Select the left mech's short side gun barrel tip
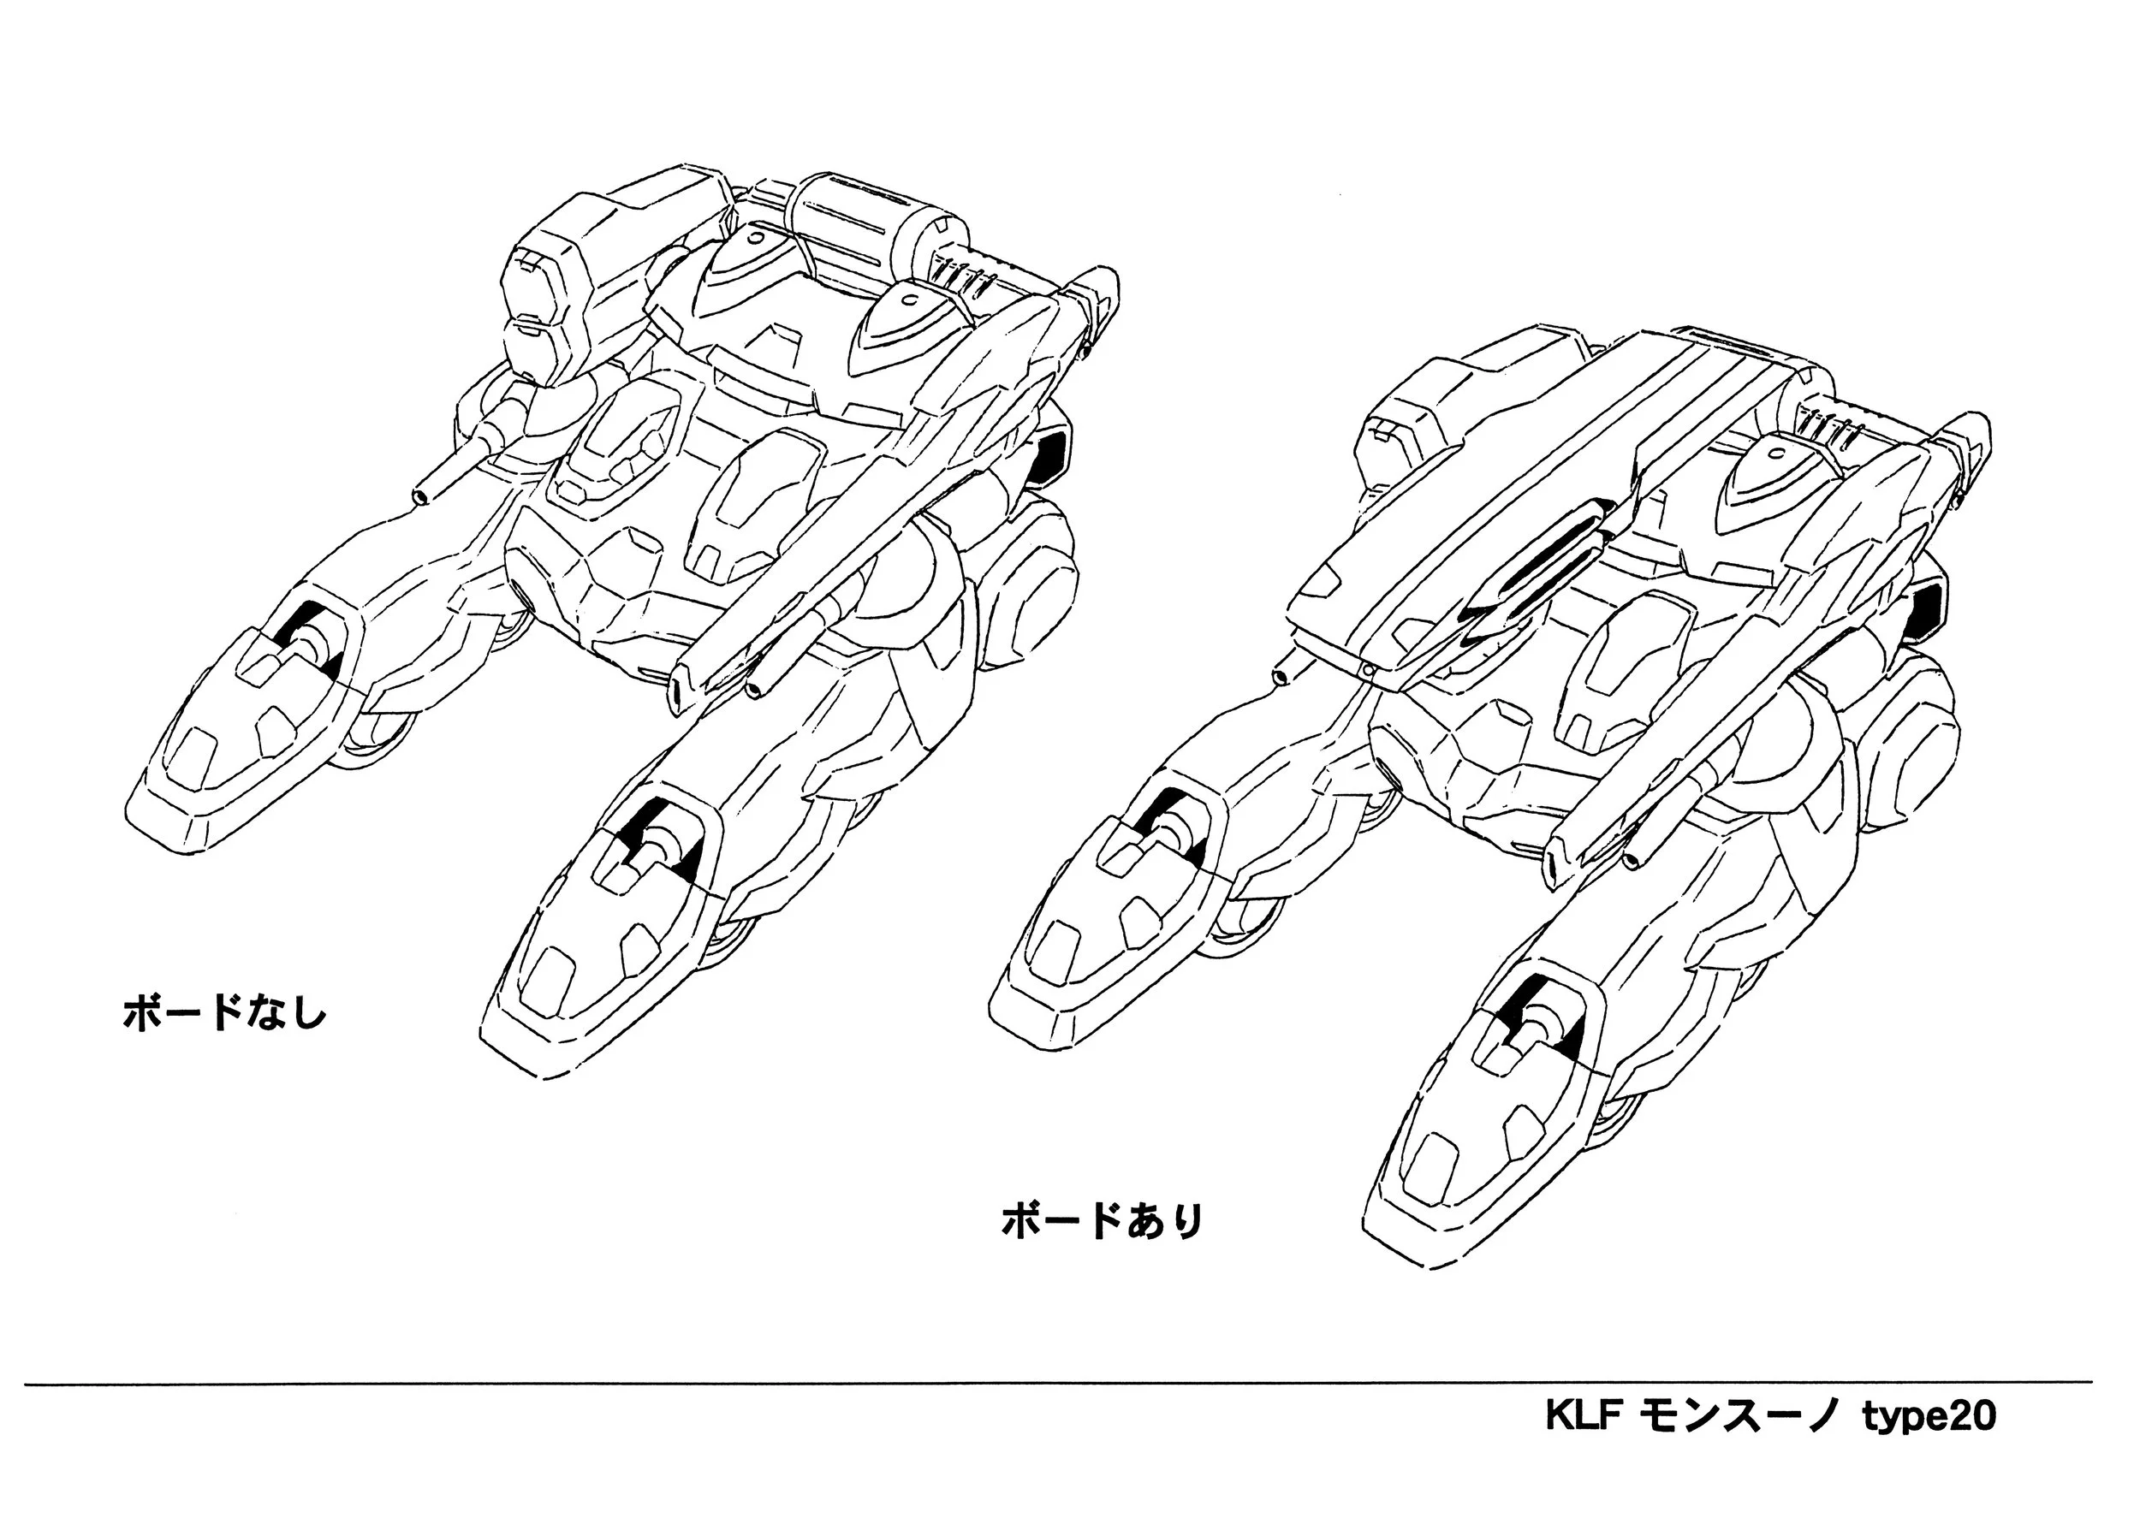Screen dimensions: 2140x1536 coord(421,496)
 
